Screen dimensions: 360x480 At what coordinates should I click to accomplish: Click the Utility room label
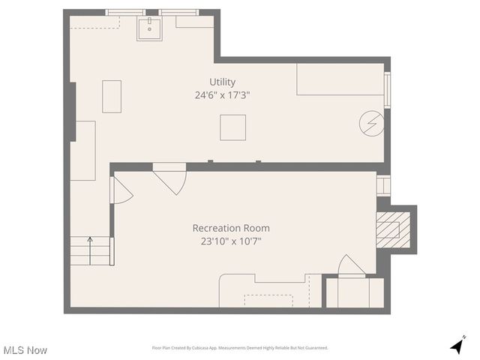(222, 82)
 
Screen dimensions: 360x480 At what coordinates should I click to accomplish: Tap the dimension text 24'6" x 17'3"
(222, 95)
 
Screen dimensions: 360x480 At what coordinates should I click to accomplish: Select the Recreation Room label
(231, 228)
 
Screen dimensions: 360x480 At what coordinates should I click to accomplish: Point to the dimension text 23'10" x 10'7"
(231, 241)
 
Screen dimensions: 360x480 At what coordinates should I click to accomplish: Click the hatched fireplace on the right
(388, 229)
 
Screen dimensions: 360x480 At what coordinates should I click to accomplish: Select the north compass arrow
(456, 346)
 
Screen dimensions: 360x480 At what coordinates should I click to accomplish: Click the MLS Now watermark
(25, 350)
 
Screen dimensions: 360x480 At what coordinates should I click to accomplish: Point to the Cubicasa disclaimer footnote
(240, 348)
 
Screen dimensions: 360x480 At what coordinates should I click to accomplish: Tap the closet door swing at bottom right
(352, 265)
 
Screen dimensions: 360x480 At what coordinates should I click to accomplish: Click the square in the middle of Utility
(232, 127)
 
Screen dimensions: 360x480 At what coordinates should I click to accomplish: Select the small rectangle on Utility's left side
(112, 96)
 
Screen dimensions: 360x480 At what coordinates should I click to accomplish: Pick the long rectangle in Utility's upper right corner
(340, 79)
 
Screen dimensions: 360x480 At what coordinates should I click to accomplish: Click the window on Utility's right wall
(387, 90)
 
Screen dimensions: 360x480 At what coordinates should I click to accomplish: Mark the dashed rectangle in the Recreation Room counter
(268, 300)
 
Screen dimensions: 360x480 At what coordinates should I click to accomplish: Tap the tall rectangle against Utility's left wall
(83, 150)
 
